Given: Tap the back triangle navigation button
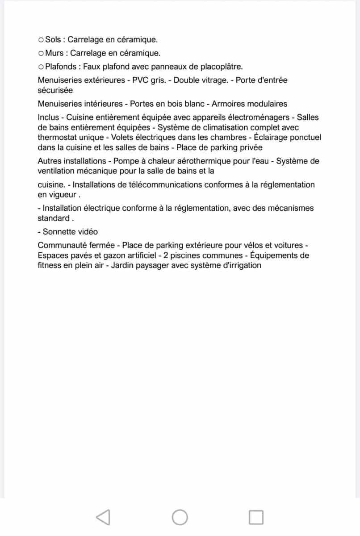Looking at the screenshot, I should coord(103,517).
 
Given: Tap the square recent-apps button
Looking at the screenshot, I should coord(256,517).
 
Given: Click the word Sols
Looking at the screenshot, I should coord(53,40).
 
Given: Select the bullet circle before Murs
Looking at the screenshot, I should coord(41,54).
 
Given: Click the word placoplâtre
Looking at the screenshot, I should coord(220,67).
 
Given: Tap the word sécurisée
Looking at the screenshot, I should coord(55,90).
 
